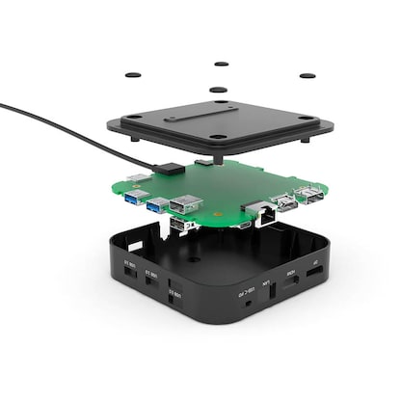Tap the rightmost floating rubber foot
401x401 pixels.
tap(307, 75)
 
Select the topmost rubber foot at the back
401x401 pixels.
tap(221, 64)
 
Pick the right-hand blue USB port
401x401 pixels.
tap(156, 203)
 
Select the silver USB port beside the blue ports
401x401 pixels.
tap(183, 205)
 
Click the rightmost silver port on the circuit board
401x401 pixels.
tap(309, 197)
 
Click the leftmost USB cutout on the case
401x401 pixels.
tap(127, 274)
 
